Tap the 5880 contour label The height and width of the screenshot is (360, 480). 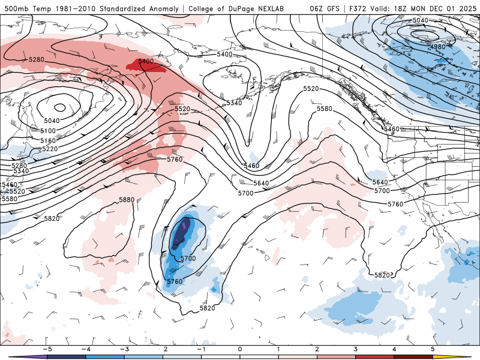[127, 200]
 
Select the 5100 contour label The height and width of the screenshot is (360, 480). [48, 130]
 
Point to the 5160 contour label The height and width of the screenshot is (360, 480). [48, 140]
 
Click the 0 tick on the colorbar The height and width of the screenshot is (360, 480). [240, 349]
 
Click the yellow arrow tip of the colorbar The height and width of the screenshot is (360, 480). [466, 356]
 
